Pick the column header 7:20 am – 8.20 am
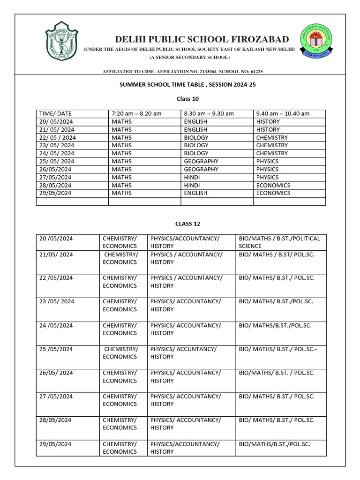tap(136, 113)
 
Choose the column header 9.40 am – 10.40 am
tap(283, 113)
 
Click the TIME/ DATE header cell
tap(55, 113)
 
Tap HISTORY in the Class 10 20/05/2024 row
tap(268, 121)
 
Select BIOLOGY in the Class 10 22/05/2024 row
tap(196, 138)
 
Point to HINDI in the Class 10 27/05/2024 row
tap(193, 177)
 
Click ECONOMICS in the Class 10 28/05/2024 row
tap(273, 185)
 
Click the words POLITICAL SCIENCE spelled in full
tap(279, 242)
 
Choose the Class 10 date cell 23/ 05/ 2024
tap(57, 145)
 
